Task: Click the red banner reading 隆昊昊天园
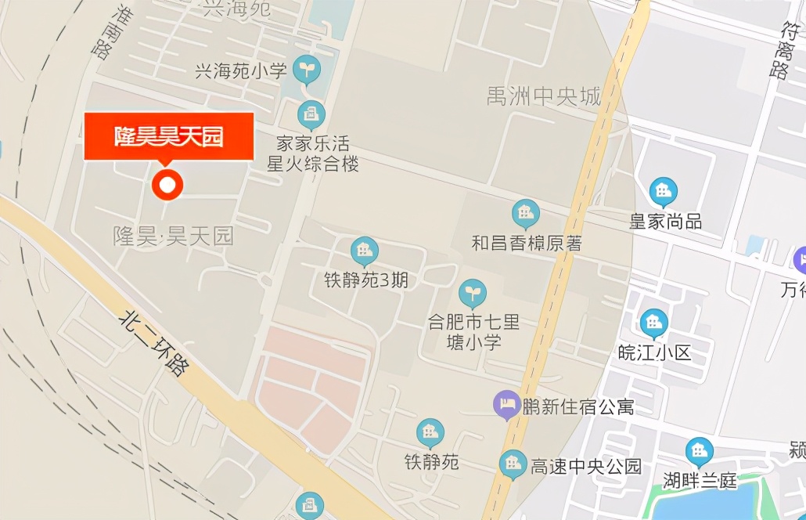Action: [169, 136]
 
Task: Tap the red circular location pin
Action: [167, 185]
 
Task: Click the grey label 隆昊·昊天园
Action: [174, 235]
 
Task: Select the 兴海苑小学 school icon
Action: [307, 70]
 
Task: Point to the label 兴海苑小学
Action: [240, 71]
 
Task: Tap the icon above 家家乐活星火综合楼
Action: [311, 115]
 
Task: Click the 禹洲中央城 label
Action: [544, 97]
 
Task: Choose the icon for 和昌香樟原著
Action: [526, 214]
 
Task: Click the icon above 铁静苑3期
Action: [364, 251]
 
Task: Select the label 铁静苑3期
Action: [366, 280]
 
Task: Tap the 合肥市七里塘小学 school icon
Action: [472, 293]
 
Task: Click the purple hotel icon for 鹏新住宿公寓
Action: [507, 405]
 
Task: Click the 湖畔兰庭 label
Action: [700, 480]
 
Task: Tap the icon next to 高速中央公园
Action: [513, 464]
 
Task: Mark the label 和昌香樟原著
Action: [527, 243]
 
